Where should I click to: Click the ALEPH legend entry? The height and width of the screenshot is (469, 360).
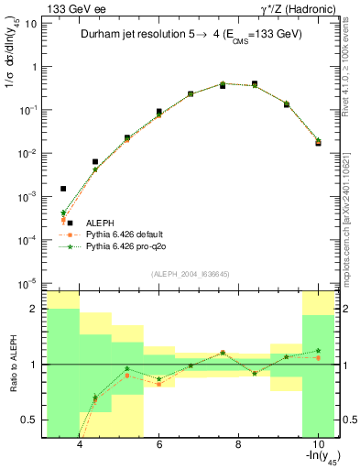[x=100, y=223]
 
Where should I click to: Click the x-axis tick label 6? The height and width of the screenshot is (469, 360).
[x=159, y=444]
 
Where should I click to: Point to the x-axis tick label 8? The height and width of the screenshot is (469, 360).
[x=238, y=444]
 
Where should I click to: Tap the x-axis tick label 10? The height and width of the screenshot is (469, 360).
[x=317, y=444]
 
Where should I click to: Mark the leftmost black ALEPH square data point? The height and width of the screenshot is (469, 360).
[x=63, y=189]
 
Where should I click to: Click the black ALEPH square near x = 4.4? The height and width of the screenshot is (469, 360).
[x=95, y=161]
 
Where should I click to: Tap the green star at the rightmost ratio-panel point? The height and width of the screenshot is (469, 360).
[x=318, y=350]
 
